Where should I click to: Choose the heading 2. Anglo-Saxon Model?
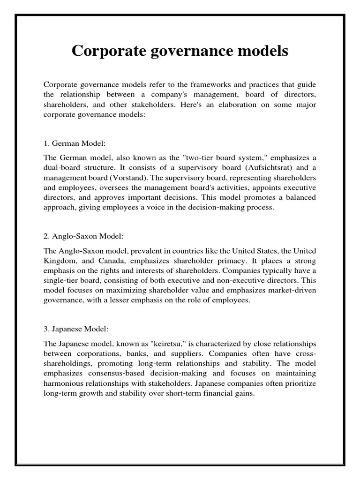click(83, 236)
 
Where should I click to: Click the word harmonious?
click(65, 384)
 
